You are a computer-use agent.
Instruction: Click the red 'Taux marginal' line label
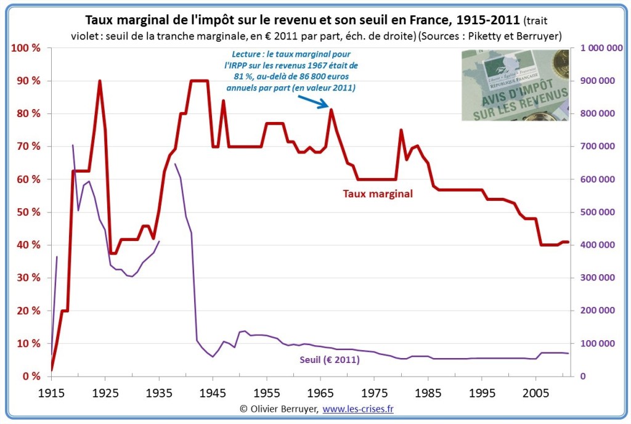coord(378,194)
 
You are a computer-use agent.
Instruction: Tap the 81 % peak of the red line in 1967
coord(332,110)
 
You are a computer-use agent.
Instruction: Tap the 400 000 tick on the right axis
coord(598,245)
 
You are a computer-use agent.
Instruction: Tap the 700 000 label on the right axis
coord(598,147)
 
